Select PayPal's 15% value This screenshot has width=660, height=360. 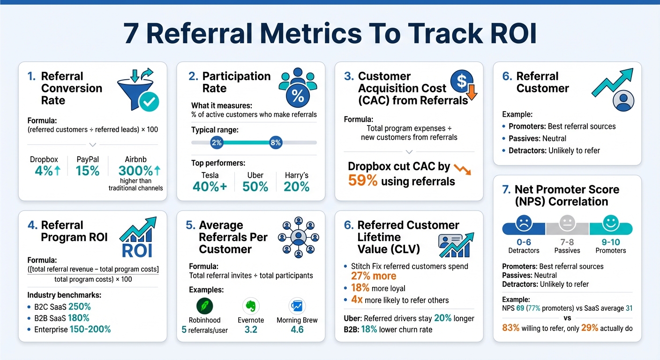click(x=88, y=171)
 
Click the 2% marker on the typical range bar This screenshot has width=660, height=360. click(x=217, y=143)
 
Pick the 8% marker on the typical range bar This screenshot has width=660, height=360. click(x=276, y=143)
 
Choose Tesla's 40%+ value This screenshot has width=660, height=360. click(x=210, y=187)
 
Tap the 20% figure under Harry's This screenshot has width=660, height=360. click(x=297, y=187)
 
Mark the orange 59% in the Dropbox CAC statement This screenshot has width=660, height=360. click(x=363, y=181)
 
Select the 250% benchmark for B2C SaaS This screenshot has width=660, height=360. click(x=80, y=307)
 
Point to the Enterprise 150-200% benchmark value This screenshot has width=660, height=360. click(x=90, y=330)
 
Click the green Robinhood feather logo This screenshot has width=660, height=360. click(x=204, y=306)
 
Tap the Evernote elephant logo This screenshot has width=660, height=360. click(x=251, y=306)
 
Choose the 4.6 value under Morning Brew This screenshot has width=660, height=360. click(x=297, y=330)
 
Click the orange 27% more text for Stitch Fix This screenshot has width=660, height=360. click(x=374, y=277)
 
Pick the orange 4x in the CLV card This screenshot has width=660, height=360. click(x=356, y=300)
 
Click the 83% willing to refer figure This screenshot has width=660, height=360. click(x=510, y=328)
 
